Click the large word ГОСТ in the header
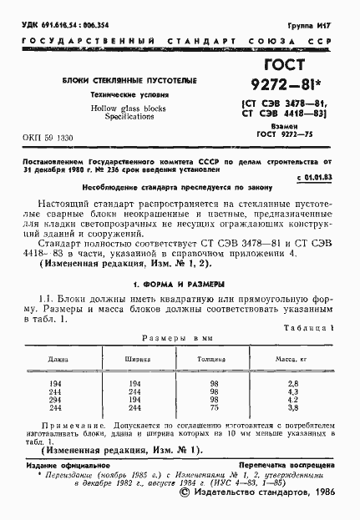coord(284,66)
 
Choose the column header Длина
coord(58,360)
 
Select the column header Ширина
coord(138,360)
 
